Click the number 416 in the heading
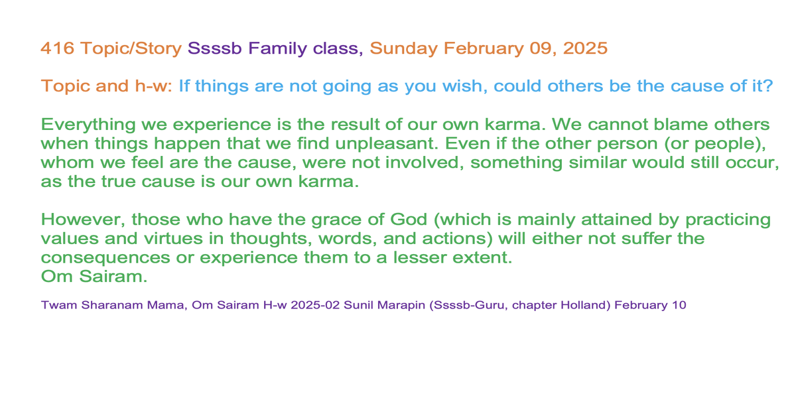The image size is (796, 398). (58, 48)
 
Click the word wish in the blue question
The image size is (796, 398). (466, 86)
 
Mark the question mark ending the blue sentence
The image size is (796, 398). (768, 86)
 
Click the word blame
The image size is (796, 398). (679, 125)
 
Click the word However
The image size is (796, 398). (83, 220)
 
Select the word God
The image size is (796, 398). (409, 220)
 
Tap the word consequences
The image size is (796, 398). (105, 258)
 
